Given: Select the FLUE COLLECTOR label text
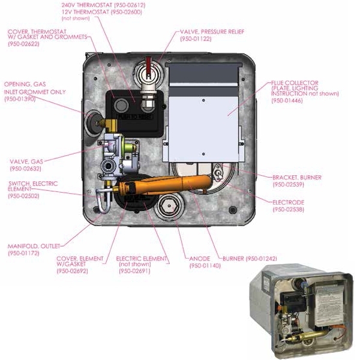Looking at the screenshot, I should click(295, 82).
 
